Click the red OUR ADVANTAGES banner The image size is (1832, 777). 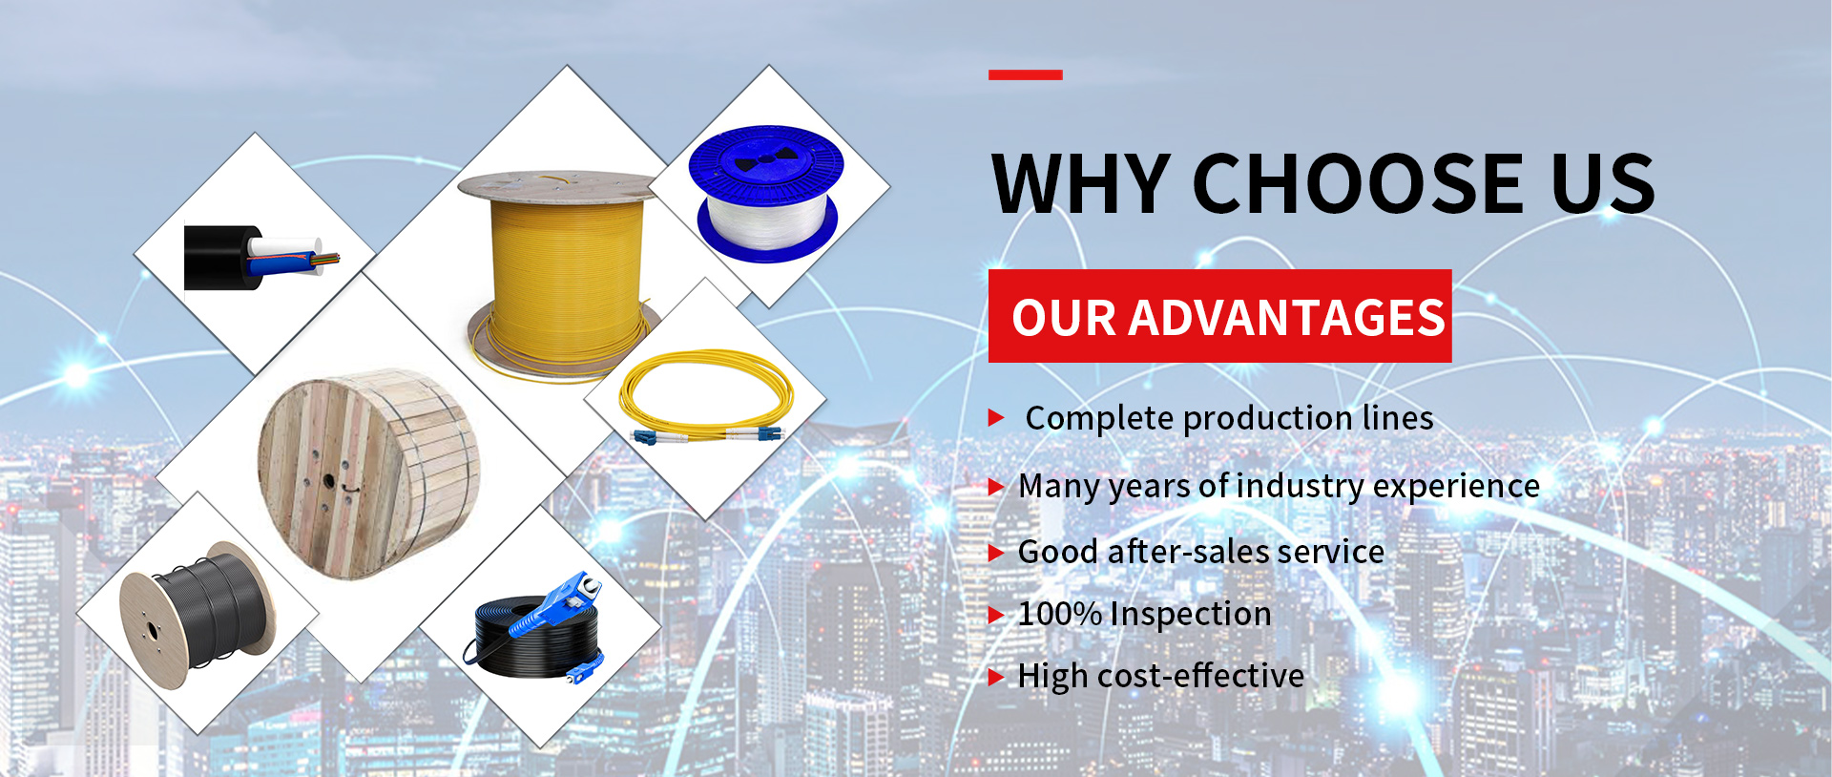(1219, 316)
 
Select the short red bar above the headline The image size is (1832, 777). (1026, 74)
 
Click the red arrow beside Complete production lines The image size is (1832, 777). (997, 417)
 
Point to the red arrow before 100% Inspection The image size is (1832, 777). (997, 615)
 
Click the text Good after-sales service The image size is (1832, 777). (1201, 552)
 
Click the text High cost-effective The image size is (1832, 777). (1161, 676)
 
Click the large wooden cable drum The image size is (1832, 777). (368, 473)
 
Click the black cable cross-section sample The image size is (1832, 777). (260, 258)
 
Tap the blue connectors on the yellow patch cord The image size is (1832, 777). (707, 435)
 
